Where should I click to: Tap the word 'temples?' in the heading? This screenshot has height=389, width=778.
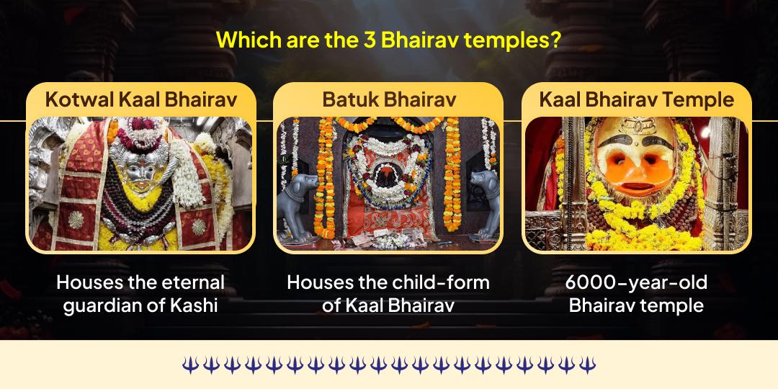click(512, 40)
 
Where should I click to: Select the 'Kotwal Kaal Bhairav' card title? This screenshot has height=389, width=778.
click(140, 99)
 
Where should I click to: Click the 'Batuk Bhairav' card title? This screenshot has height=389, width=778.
click(388, 99)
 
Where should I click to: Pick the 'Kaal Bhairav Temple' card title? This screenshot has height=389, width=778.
click(637, 99)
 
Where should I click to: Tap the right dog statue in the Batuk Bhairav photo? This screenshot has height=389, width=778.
click(484, 202)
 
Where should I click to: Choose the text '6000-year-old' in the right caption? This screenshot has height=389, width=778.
click(637, 282)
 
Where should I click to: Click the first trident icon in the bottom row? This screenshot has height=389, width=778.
click(189, 365)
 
